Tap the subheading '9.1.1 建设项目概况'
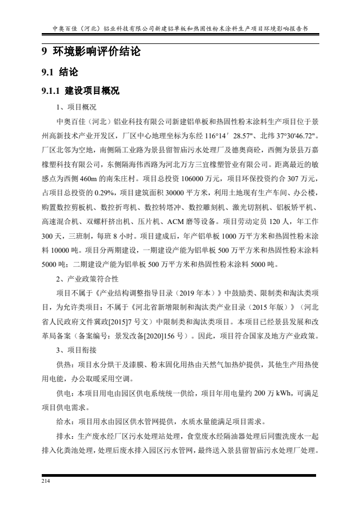click(81, 91)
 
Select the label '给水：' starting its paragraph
click(67, 420)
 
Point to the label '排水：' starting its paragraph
click(67, 435)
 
